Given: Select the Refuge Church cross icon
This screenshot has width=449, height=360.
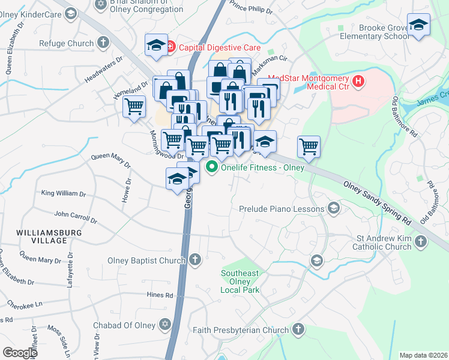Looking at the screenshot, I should coord(103,43).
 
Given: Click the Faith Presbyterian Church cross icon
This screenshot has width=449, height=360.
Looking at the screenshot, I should coord(298,329).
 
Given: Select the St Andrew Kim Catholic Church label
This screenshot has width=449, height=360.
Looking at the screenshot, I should coord(381,242).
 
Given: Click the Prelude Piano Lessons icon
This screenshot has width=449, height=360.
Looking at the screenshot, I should coord(334,209).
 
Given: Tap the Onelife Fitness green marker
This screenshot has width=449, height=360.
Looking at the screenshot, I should coord(211,168).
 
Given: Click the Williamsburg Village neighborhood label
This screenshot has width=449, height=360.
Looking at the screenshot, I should coord(42,236).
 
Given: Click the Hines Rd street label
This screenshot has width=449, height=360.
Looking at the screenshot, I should coord(160,295).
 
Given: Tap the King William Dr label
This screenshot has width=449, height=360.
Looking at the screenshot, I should coord(64,193).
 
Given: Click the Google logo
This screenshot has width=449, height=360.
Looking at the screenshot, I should coord(20,352).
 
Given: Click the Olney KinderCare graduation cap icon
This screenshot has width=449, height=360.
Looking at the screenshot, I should coord(70,13).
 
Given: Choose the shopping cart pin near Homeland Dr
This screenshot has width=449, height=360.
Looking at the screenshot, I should coord(134,107).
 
